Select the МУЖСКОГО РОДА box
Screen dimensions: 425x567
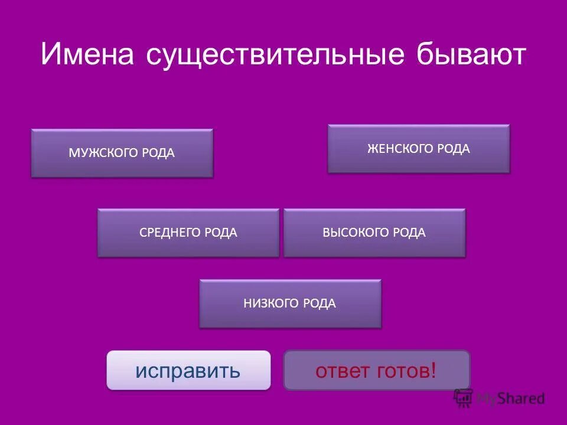coord(122,153)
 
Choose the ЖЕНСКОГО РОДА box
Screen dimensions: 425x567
coord(418,149)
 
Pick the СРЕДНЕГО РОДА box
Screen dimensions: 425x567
coord(188,233)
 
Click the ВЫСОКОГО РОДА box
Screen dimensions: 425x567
coord(374,233)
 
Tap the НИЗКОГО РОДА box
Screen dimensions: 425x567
coord(289,303)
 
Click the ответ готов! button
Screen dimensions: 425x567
coord(376,371)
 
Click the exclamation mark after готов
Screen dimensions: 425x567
coord(434,371)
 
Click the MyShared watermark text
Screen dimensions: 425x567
coord(511,398)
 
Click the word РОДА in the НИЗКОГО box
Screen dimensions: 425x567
coord(320,303)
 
